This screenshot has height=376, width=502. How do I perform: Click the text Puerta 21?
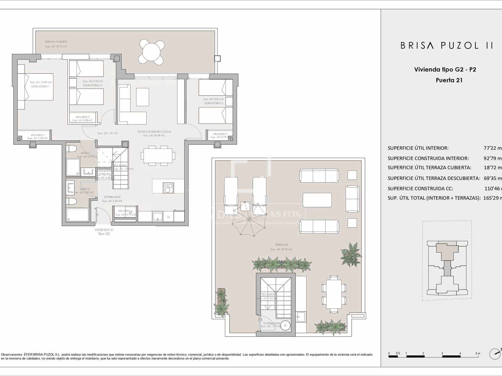tap(449, 80)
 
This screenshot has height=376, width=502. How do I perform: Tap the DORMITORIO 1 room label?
tap(40, 86)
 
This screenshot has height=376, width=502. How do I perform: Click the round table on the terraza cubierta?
tap(152, 51)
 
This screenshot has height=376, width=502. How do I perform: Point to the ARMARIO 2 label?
tap(83, 117)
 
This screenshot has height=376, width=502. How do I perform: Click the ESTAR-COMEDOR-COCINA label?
tap(154, 132)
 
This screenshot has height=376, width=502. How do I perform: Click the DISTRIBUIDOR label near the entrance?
tap(112, 197)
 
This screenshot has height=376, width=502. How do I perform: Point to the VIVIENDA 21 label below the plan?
tap(104, 230)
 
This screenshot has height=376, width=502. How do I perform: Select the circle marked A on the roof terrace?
tap(285, 326)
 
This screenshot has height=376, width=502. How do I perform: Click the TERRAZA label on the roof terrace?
tap(281, 245)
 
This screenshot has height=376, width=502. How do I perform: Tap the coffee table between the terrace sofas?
tap(317, 200)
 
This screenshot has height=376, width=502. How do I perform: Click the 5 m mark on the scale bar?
tap(478, 353)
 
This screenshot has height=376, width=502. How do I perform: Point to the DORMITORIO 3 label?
tap(213, 103)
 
